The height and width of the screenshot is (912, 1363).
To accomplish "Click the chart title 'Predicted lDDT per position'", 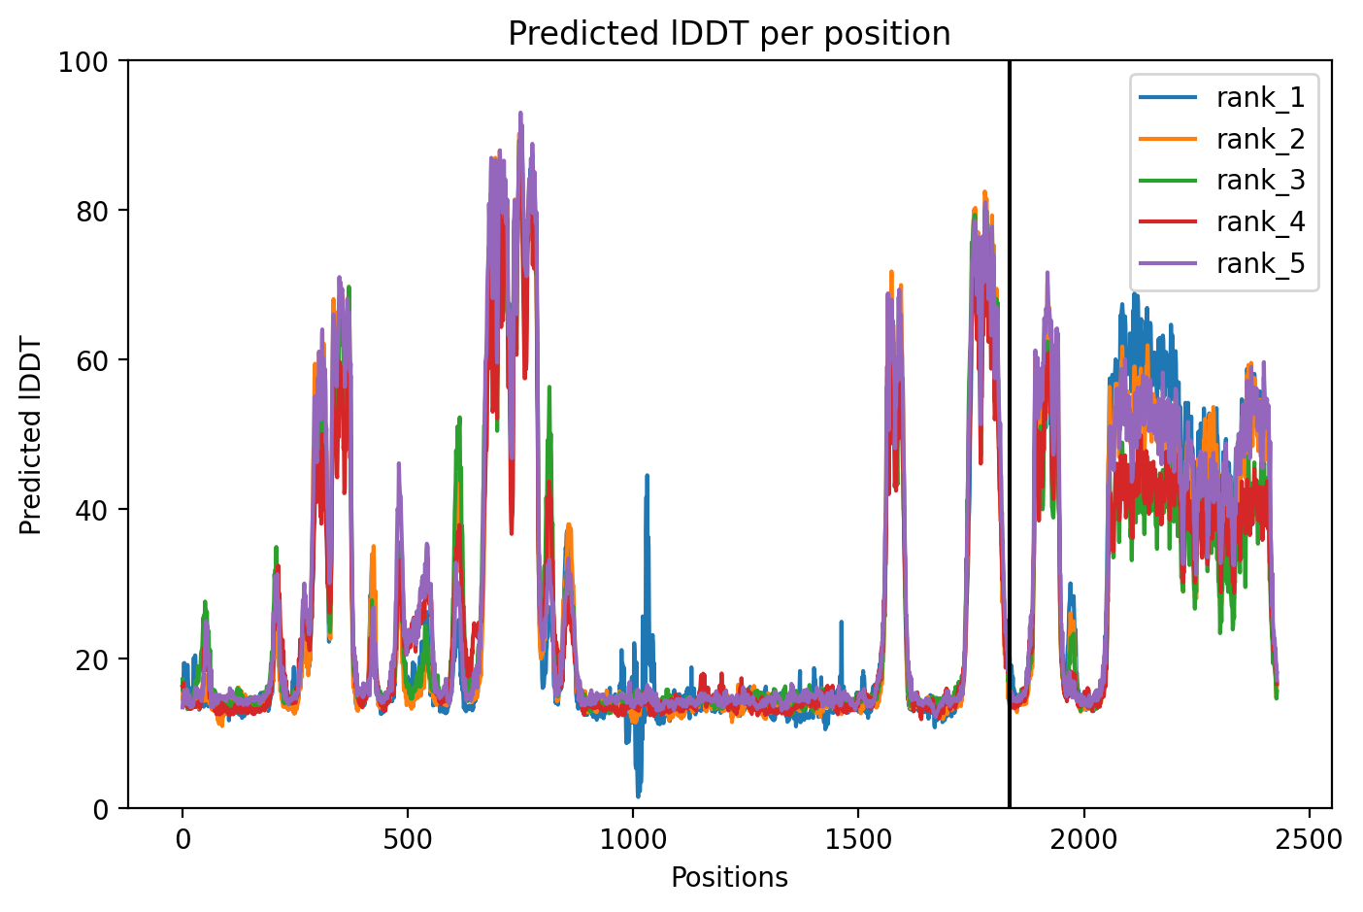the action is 729,33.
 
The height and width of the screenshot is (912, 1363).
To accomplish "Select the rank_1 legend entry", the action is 1222,97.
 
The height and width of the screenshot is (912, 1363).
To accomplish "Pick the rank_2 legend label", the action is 1261,140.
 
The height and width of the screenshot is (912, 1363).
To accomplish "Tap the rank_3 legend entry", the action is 1222,181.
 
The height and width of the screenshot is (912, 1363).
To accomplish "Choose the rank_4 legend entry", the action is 1222,221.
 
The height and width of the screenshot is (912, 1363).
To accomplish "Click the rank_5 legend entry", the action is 1222,263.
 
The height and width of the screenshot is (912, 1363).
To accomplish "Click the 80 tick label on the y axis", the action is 91,211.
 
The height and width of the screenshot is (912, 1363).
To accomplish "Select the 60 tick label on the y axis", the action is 91,360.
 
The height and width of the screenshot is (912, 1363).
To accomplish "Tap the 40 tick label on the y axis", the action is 91,510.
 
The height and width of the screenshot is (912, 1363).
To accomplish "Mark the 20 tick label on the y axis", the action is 91,659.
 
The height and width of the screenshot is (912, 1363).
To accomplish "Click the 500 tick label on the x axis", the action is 408,840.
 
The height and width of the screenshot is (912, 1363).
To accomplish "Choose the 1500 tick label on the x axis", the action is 858,840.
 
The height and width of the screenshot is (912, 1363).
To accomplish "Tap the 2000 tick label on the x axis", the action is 1083,840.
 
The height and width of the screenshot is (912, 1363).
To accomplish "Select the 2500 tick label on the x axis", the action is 1309,840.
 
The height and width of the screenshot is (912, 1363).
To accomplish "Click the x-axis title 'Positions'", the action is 729,878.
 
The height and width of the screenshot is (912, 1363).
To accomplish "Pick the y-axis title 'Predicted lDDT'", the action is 30,435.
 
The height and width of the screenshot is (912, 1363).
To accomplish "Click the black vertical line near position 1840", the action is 1010,435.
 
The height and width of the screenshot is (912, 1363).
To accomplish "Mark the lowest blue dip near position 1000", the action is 638,796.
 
